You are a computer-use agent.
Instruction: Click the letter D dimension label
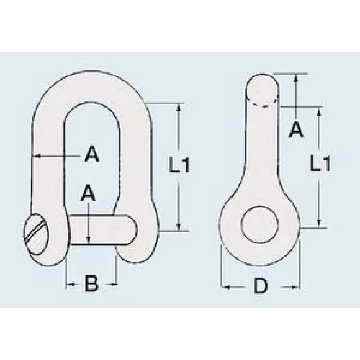(261, 286)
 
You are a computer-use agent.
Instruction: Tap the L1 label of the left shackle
(179, 164)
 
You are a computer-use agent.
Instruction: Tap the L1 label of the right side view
(320, 163)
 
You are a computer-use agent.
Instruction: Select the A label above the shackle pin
(88, 193)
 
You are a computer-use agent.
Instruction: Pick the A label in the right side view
(297, 130)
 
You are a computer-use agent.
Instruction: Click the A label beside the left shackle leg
(92, 154)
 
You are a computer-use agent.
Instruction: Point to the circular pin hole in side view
(260, 224)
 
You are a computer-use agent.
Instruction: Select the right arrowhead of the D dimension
(295, 287)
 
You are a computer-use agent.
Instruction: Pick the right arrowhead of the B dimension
(114, 284)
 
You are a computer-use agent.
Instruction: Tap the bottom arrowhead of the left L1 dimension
(179, 226)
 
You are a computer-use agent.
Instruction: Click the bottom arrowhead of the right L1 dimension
(319, 222)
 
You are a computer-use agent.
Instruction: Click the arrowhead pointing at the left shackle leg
(37, 156)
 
